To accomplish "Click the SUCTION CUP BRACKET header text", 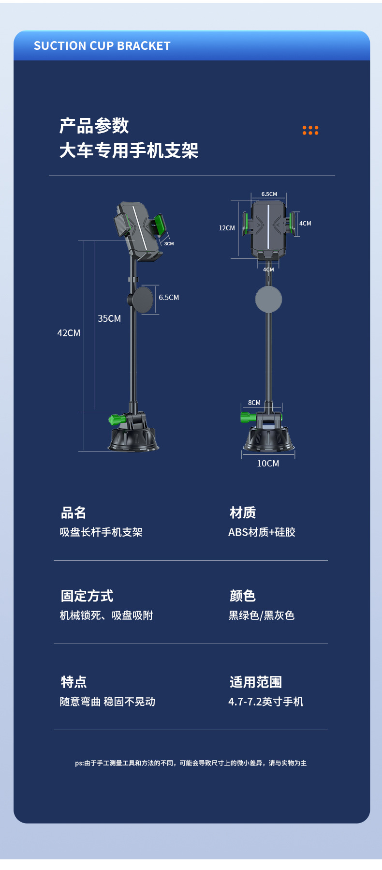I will (x=102, y=46).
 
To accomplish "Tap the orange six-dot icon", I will (x=310, y=130).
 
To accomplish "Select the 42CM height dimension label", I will (x=69, y=333).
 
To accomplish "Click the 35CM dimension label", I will (x=109, y=318).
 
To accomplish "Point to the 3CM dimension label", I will (x=169, y=244).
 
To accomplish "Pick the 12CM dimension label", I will (x=227, y=228).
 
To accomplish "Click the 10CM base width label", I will (x=268, y=464).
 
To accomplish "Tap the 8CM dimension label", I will (x=254, y=403).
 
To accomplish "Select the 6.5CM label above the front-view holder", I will (x=269, y=194).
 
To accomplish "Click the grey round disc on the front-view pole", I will (x=268, y=299).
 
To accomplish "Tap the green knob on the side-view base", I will (x=117, y=420).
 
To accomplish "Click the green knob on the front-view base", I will (x=248, y=417).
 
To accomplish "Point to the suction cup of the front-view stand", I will (x=269, y=440).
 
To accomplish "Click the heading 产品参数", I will (x=94, y=126).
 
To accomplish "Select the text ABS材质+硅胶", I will (x=262, y=532).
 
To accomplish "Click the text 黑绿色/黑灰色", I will (x=262, y=615).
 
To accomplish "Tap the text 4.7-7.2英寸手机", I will (x=266, y=702).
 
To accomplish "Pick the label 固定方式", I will (x=87, y=596).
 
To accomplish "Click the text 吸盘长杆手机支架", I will (x=101, y=532).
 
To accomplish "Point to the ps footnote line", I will (x=191, y=763).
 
